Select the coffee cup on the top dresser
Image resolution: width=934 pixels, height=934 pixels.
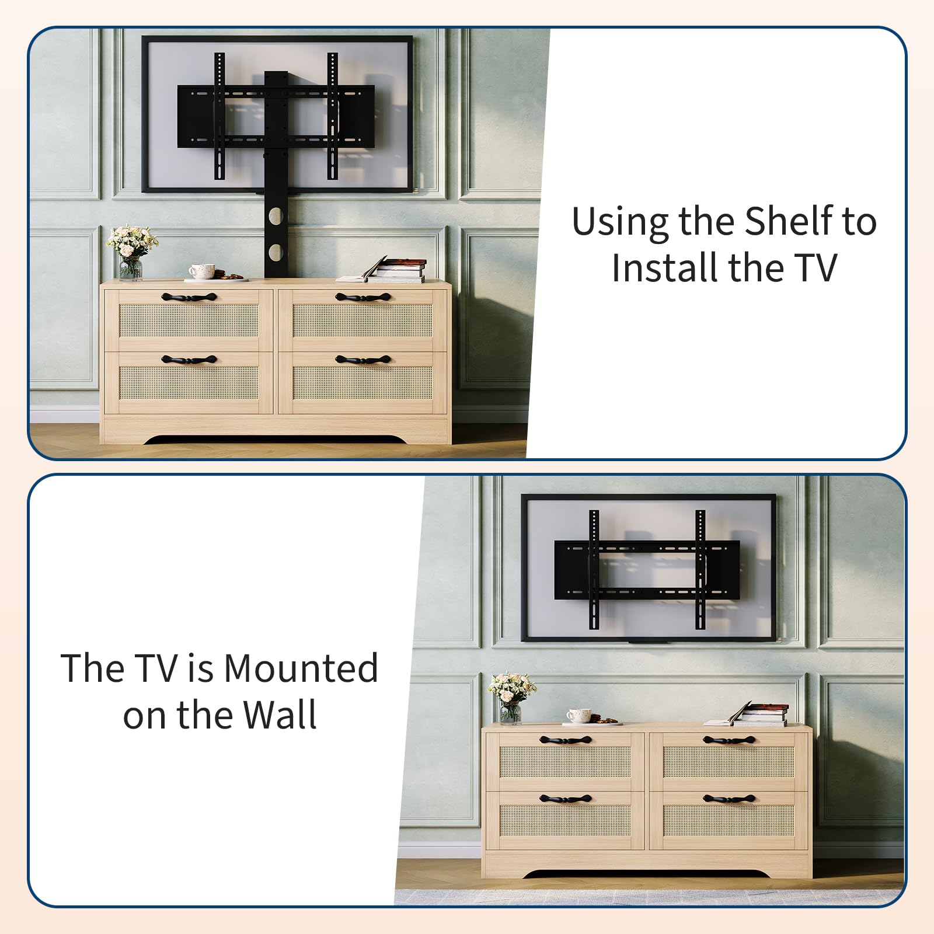pyautogui.click(x=202, y=271)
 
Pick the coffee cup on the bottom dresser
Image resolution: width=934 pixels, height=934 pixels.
pyautogui.click(x=578, y=716)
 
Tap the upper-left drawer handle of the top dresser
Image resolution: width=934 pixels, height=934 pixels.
pyautogui.click(x=189, y=298)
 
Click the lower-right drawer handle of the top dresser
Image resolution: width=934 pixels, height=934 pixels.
pyautogui.click(x=363, y=360)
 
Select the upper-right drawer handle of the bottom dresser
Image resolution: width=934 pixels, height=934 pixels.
pyautogui.click(x=729, y=740)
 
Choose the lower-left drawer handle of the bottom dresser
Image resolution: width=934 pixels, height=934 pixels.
pyautogui.click(x=565, y=799)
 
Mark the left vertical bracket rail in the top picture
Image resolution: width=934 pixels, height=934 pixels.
pyautogui.click(x=219, y=116)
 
